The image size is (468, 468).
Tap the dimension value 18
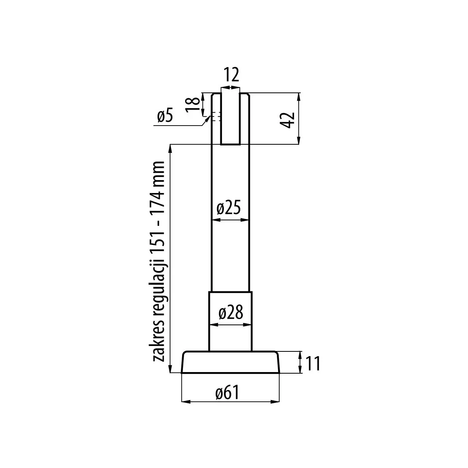[x=193, y=105]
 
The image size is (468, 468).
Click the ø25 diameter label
[x=229, y=207]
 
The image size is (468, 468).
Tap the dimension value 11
[x=312, y=363]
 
